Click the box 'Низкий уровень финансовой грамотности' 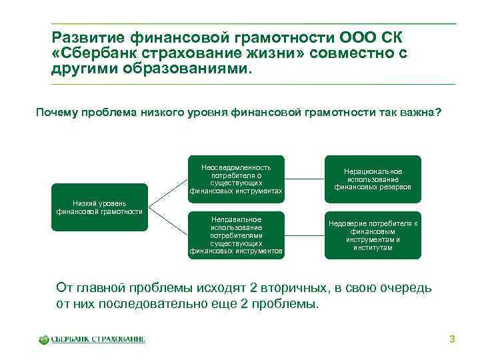coord(99,207)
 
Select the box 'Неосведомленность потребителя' coord(236,179)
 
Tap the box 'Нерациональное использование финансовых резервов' coord(373,179)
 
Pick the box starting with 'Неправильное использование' coord(236,235)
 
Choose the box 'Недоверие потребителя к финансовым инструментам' coord(373,235)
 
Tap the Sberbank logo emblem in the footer coord(44,339)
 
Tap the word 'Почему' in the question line coord(58,113)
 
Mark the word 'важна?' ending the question coord(419,113)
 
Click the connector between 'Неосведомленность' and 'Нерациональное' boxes coord(304,179)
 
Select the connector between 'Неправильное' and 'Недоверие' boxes coord(304,235)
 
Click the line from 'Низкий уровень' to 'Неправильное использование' coord(165,221)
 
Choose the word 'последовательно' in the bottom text coord(149,304)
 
